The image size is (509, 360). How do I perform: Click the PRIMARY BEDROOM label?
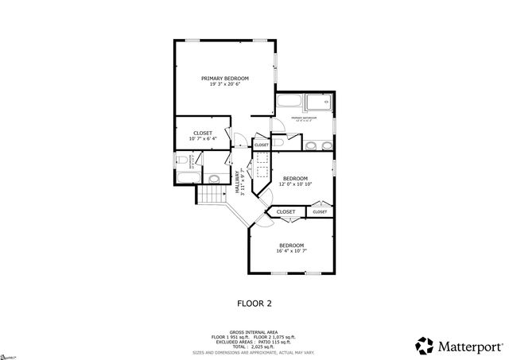(x=225, y=78)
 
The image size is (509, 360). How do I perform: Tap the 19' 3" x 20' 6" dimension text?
(x=225, y=84)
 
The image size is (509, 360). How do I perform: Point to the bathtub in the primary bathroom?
(x=289, y=103)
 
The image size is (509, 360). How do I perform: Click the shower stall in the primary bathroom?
(x=321, y=103)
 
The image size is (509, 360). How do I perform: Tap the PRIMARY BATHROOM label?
(x=304, y=118)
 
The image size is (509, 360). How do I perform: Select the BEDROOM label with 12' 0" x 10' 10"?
(x=296, y=178)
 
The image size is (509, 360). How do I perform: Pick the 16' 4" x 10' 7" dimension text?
(x=292, y=251)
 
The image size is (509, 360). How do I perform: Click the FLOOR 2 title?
(x=254, y=303)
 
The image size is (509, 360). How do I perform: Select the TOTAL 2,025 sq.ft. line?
(x=254, y=346)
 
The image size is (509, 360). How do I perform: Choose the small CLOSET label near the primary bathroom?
(x=262, y=145)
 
